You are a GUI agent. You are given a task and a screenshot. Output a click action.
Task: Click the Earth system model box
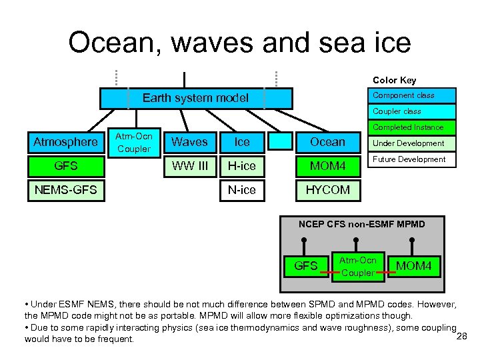[x=195, y=98]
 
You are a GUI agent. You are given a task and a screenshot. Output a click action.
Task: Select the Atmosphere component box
[x=65, y=142]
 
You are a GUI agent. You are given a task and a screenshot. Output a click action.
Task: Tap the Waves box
[x=189, y=142]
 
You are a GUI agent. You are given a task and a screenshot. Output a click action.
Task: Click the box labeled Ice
[x=241, y=142]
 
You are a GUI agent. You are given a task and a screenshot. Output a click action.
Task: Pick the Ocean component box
[x=327, y=142]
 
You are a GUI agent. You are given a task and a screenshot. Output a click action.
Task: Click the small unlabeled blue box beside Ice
[x=284, y=141]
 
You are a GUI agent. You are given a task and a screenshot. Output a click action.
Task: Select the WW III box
[x=189, y=165]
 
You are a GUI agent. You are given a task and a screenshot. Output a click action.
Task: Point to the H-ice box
[x=241, y=165]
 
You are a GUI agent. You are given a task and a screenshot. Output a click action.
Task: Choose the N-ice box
[x=241, y=190]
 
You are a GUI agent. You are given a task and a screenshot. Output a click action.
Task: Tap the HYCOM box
[x=327, y=190]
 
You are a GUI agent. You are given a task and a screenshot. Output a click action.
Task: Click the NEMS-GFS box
[x=65, y=190]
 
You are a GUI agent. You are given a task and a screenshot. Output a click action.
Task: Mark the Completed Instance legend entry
[x=408, y=127]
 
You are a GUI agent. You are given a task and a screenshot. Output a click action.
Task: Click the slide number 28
[x=461, y=335]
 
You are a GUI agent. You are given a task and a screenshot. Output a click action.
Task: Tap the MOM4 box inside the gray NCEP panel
[x=414, y=267]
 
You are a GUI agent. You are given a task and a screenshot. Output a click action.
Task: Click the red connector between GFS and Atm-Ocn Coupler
[x=328, y=272]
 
